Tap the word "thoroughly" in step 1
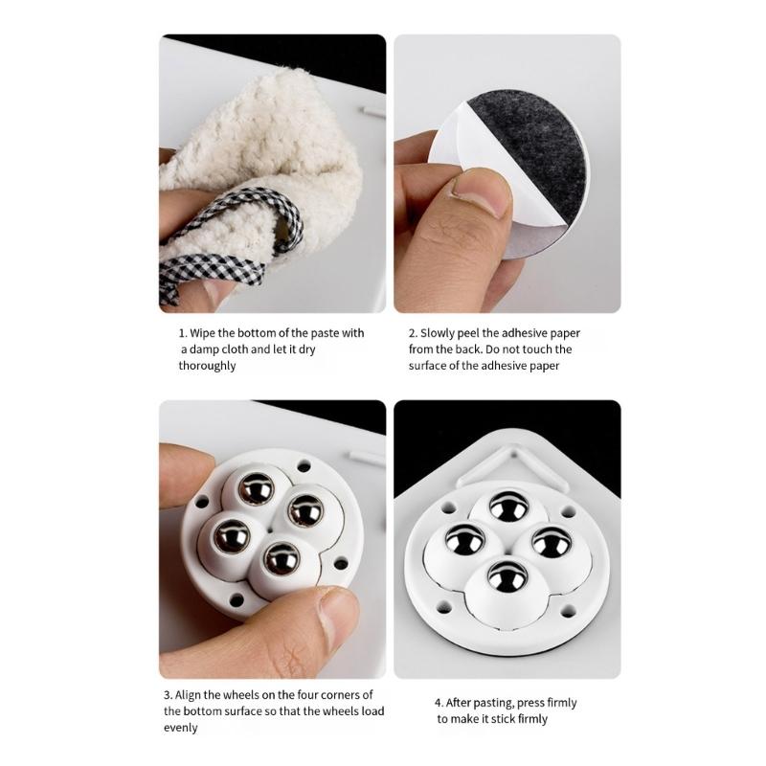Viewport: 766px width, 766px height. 207,366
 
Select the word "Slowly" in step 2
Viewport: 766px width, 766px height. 438,333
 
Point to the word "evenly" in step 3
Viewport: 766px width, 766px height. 181,728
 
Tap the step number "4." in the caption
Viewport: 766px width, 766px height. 439,703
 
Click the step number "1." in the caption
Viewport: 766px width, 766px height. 183,333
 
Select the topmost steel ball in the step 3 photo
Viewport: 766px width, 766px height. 256,487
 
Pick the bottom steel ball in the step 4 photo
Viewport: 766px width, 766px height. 508,577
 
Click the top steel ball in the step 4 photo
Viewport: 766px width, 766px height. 508,507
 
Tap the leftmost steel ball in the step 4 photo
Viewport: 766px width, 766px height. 464,541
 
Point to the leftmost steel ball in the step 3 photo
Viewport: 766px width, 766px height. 232,536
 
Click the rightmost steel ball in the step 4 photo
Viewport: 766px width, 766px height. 552,543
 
